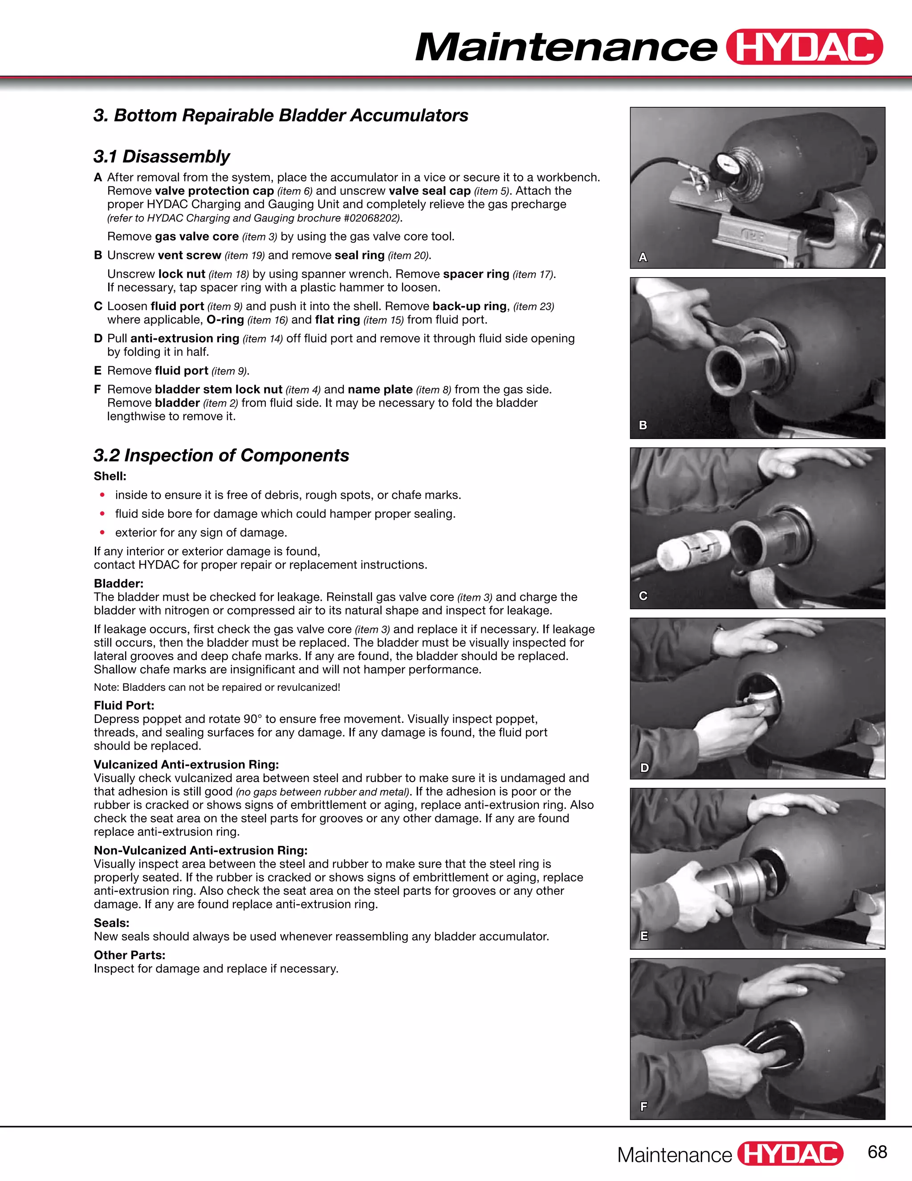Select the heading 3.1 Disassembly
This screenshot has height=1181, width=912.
click(x=162, y=156)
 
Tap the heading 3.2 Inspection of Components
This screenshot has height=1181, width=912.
click(x=221, y=455)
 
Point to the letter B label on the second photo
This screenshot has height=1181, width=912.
click(x=643, y=425)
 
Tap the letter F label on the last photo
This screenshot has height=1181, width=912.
click(x=643, y=1107)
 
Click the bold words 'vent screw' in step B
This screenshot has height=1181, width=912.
click(x=189, y=255)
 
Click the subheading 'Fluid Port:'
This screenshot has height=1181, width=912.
click(x=124, y=705)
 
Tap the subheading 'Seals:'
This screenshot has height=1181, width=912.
click(x=111, y=923)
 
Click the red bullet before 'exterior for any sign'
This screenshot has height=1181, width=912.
click(x=102, y=533)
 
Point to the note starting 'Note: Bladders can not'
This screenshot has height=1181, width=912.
click(x=217, y=687)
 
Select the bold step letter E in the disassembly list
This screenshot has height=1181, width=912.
click(x=98, y=370)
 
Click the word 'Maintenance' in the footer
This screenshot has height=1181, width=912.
click(x=674, y=1155)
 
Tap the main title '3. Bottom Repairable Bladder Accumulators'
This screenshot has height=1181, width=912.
click(x=281, y=115)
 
